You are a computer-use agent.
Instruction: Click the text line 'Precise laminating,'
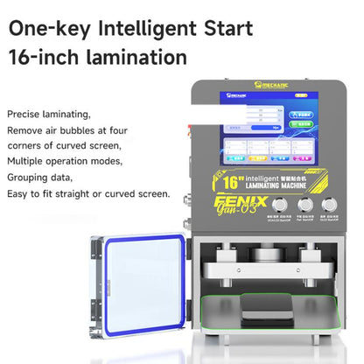point(49,115)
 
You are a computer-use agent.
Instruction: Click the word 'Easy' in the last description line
point(18,193)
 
